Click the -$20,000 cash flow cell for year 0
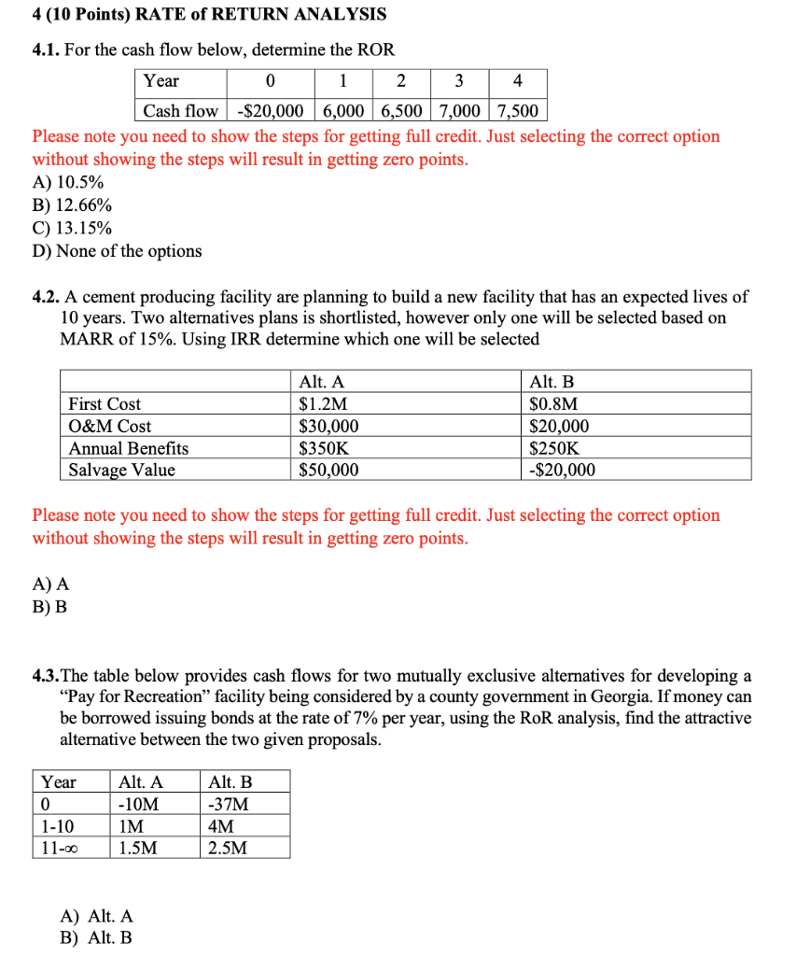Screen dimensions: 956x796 [x=271, y=111]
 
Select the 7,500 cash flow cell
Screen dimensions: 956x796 [x=518, y=111]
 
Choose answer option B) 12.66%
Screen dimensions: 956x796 [x=72, y=205]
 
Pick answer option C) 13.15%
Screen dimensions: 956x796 [x=72, y=229]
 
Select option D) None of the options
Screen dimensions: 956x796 [x=117, y=251]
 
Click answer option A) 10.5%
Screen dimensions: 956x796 [x=68, y=183]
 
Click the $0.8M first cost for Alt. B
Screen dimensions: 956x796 [x=553, y=403]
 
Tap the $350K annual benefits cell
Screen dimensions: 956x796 [x=324, y=448]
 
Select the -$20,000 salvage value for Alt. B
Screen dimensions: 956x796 [x=562, y=470]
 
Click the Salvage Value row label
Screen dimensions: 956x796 [x=121, y=470]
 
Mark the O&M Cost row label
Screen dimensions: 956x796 [x=110, y=426]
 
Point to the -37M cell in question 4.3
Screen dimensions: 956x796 [x=229, y=804]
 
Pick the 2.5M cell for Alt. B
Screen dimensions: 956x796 [x=229, y=848]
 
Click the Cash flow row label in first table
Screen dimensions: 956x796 [x=180, y=111]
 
